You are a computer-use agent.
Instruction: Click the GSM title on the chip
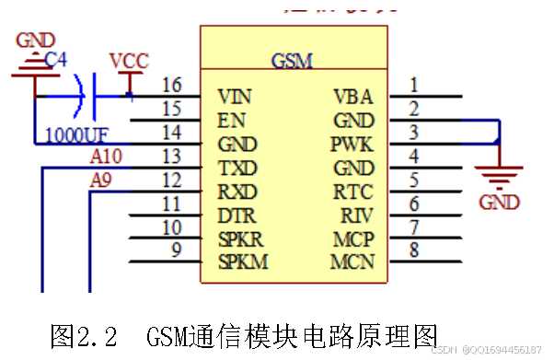pyautogui.click(x=293, y=61)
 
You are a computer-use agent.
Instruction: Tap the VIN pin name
pyautogui.click(x=235, y=96)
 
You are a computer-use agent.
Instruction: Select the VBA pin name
pyautogui.click(x=352, y=96)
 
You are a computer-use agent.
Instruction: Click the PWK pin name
pyautogui.click(x=352, y=145)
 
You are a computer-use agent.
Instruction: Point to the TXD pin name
pyautogui.click(x=237, y=168)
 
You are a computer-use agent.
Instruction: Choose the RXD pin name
pyautogui.click(x=237, y=192)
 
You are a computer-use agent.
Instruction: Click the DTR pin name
pyautogui.click(x=237, y=216)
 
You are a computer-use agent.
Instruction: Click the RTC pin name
pyautogui.click(x=353, y=192)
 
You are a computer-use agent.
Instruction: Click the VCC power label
pyautogui.click(x=129, y=62)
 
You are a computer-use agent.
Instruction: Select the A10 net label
pyautogui.click(x=107, y=157)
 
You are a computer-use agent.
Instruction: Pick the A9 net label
pyautogui.click(x=101, y=181)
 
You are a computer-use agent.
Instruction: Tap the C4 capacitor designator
pyautogui.click(x=56, y=60)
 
